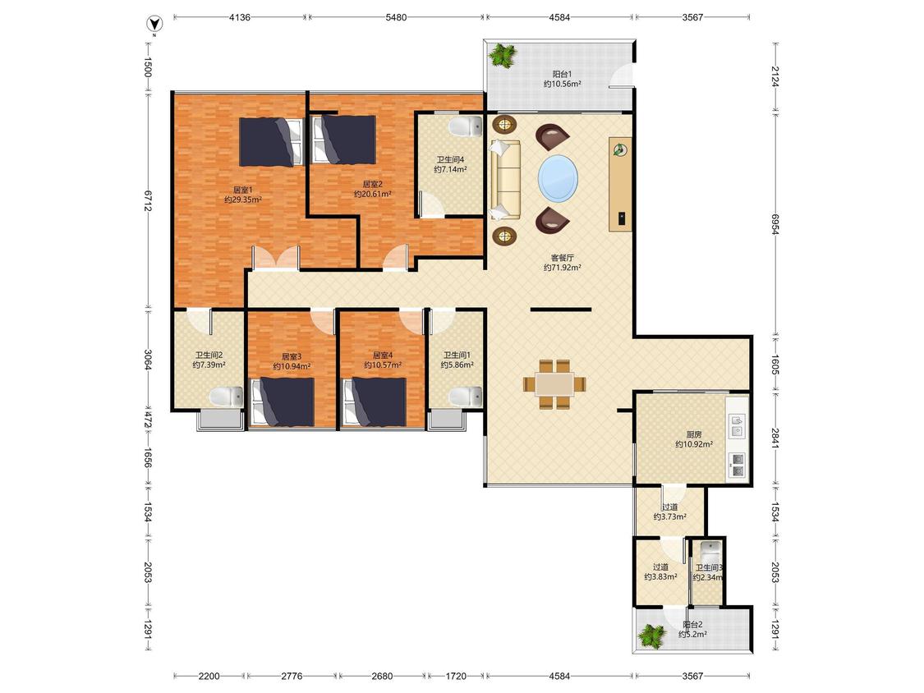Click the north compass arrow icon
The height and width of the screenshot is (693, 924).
click(x=154, y=24)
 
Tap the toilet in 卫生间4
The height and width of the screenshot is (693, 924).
click(x=466, y=126)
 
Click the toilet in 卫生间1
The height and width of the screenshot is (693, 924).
click(x=466, y=396)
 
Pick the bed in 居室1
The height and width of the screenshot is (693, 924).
click(x=271, y=141)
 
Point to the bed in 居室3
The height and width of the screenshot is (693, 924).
click(x=283, y=402)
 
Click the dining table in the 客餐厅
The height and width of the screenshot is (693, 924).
click(x=554, y=384)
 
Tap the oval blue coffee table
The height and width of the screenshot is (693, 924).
click(x=558, y=177)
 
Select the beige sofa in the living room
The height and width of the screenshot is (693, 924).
click(x=505, y=179)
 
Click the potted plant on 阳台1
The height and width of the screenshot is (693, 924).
click(x=503, y=57)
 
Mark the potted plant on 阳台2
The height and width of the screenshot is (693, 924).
click(x=652, y=636)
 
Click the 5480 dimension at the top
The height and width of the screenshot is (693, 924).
click(x=396, y=17)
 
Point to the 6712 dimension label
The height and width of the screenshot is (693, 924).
click(x=148, y=201)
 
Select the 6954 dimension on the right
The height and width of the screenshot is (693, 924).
click(x=775, y=224)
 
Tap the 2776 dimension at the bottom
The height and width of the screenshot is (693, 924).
click(x=292, y=676)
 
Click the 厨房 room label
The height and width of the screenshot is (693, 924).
click(x=694, y=434)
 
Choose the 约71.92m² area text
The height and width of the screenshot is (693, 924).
click(x=562, y=268)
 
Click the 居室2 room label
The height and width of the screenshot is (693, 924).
click(x=372, y=184)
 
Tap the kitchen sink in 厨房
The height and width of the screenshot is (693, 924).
click(x=738, y=426)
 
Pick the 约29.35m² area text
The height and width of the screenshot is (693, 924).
click(x=243, y=200)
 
